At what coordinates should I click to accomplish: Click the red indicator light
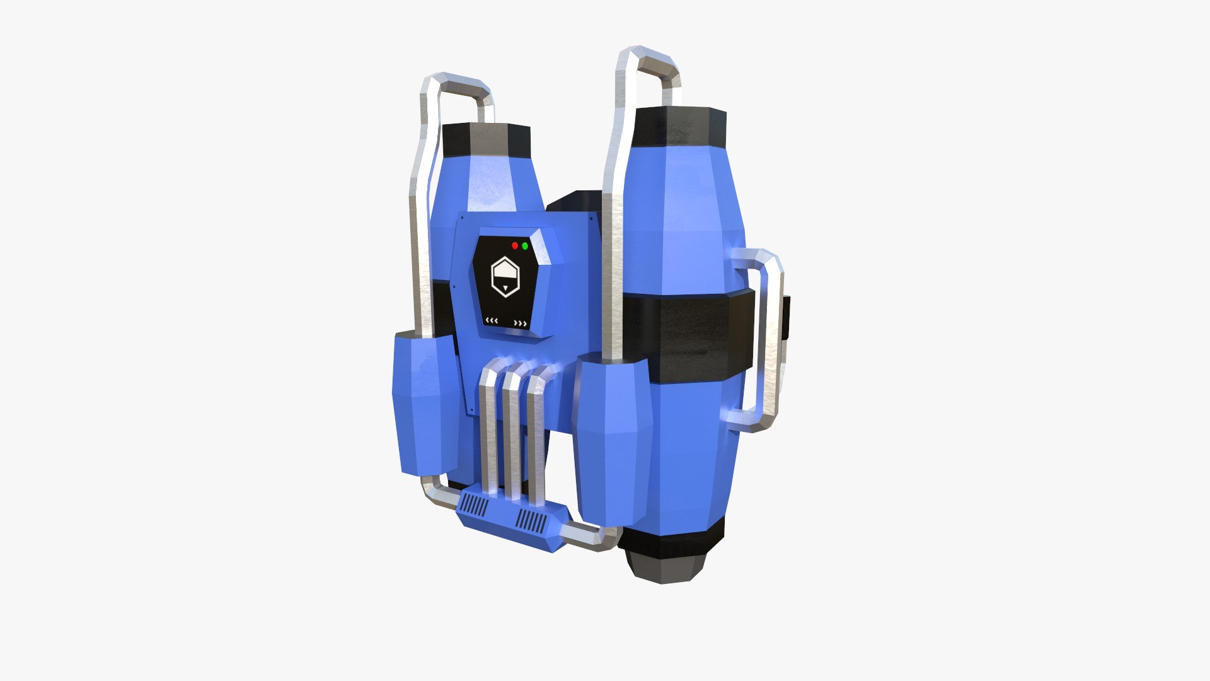point(515,245)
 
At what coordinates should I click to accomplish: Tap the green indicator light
point(525,245)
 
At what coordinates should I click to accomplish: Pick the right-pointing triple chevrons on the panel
point(521,323)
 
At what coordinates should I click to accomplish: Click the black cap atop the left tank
point(486,139)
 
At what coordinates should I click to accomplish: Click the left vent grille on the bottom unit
point(474,506)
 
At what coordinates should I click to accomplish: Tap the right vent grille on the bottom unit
point(531,521)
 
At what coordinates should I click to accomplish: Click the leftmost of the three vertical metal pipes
point(488,429)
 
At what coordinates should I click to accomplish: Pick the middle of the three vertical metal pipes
point(512,432)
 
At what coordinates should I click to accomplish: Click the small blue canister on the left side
point(426,404)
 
